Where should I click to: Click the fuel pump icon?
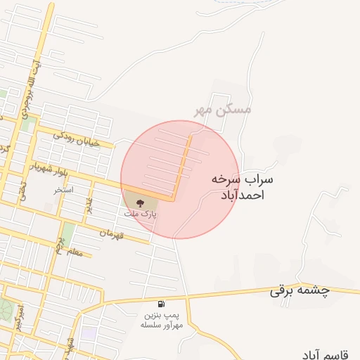point(162,304)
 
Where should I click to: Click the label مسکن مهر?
point(223,110)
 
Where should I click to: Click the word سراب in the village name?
point(258,180)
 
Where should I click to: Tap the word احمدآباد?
point(242,195)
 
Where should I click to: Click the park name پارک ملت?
point(140,213)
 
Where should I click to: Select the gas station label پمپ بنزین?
point(162,316)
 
